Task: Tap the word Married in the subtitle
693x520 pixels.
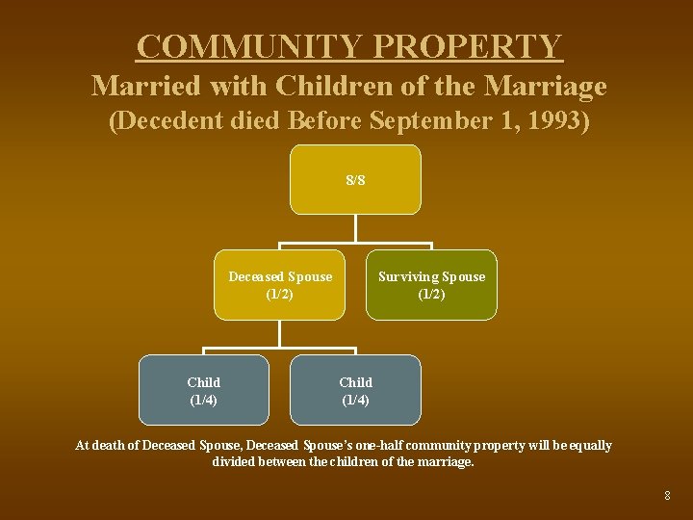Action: coord(140,87)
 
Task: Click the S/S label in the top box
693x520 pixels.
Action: coord(355,180)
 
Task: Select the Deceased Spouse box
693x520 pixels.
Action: coord(279,285)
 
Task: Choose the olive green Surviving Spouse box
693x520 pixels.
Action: coord(431,285)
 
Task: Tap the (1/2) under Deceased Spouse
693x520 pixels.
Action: coord(279,294)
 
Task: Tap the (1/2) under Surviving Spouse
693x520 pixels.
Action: coord(431,294)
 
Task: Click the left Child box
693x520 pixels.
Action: coord(203,390)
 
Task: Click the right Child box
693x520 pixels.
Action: coord(355,390)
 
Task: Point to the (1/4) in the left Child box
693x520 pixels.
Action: coord(203,400)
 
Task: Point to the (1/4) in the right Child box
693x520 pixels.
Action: coord(355,400)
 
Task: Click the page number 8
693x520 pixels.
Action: coord(667,496)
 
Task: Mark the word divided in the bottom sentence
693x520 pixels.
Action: coord(233,462)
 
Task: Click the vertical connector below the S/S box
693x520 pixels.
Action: coord(355,227)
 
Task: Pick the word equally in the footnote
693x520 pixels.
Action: coord(589,446)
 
